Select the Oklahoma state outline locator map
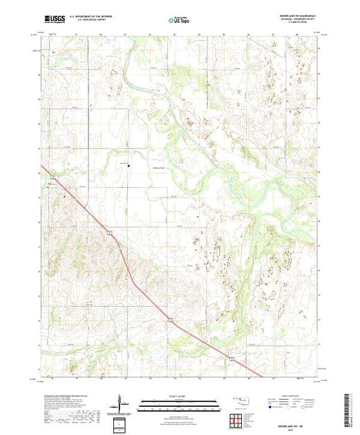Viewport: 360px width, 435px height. pyautogui.click(x=241, y=400)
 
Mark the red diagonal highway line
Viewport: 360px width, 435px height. pyautogui.click(x=138, y=276)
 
